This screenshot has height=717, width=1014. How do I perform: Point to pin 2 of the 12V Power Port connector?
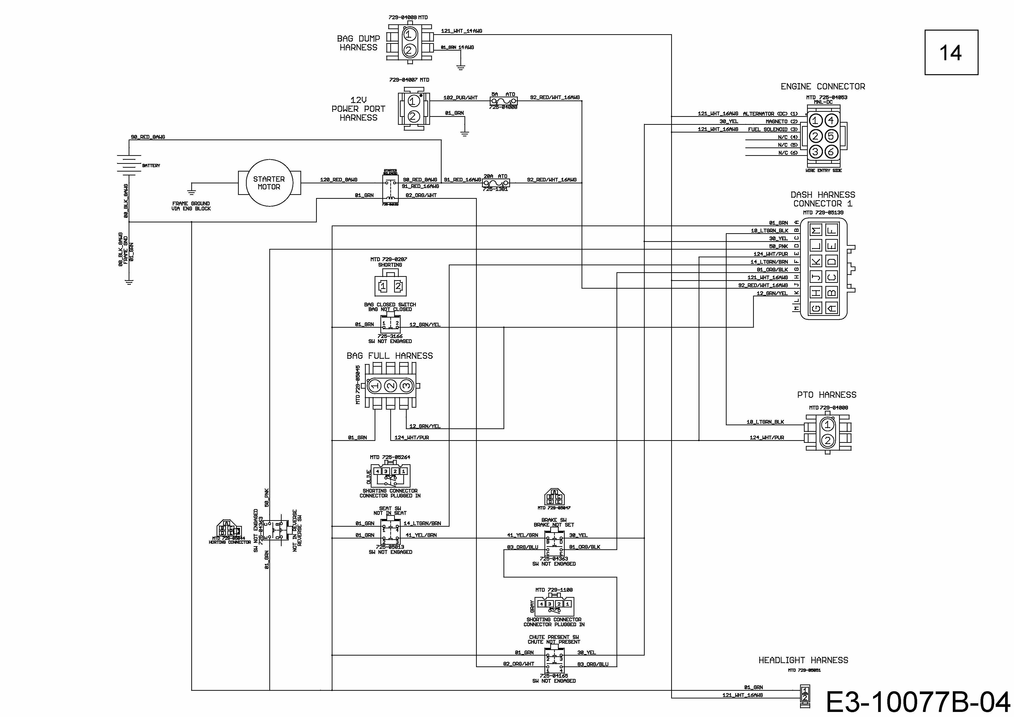point(413,116)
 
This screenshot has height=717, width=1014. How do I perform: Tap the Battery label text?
point(151,166)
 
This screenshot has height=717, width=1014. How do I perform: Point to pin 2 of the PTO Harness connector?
point(827,440)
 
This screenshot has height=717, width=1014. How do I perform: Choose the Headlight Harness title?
point(803,660)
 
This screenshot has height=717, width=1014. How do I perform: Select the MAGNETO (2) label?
point(781,121)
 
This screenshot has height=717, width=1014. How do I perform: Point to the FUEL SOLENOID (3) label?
point(772,129)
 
